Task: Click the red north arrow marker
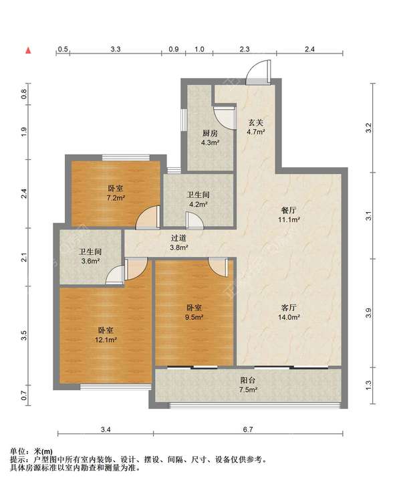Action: tap(28, 50)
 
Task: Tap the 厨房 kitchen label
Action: tap(210, 134)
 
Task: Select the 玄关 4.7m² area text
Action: tap(256, 132)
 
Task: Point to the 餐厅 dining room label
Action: tap(288, 210)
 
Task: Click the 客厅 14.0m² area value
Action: tap(289, 317)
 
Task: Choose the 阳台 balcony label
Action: tap(248, 380)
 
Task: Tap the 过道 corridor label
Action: tap(178, 238)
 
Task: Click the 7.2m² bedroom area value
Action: tap(116, 197)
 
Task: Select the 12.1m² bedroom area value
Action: tap(106, 340)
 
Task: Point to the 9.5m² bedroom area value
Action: tap(194, 317)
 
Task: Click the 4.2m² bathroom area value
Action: tap(198, 205)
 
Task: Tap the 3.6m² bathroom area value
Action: tap(90, 261)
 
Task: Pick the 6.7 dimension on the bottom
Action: tap(248, 429)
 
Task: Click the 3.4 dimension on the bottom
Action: tap(106, 429)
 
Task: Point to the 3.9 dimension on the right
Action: tap(368, 313)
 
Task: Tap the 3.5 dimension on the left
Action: tap(24, 335)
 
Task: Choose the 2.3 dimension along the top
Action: tap(245, 49)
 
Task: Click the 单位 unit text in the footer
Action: tap(17, 452)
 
